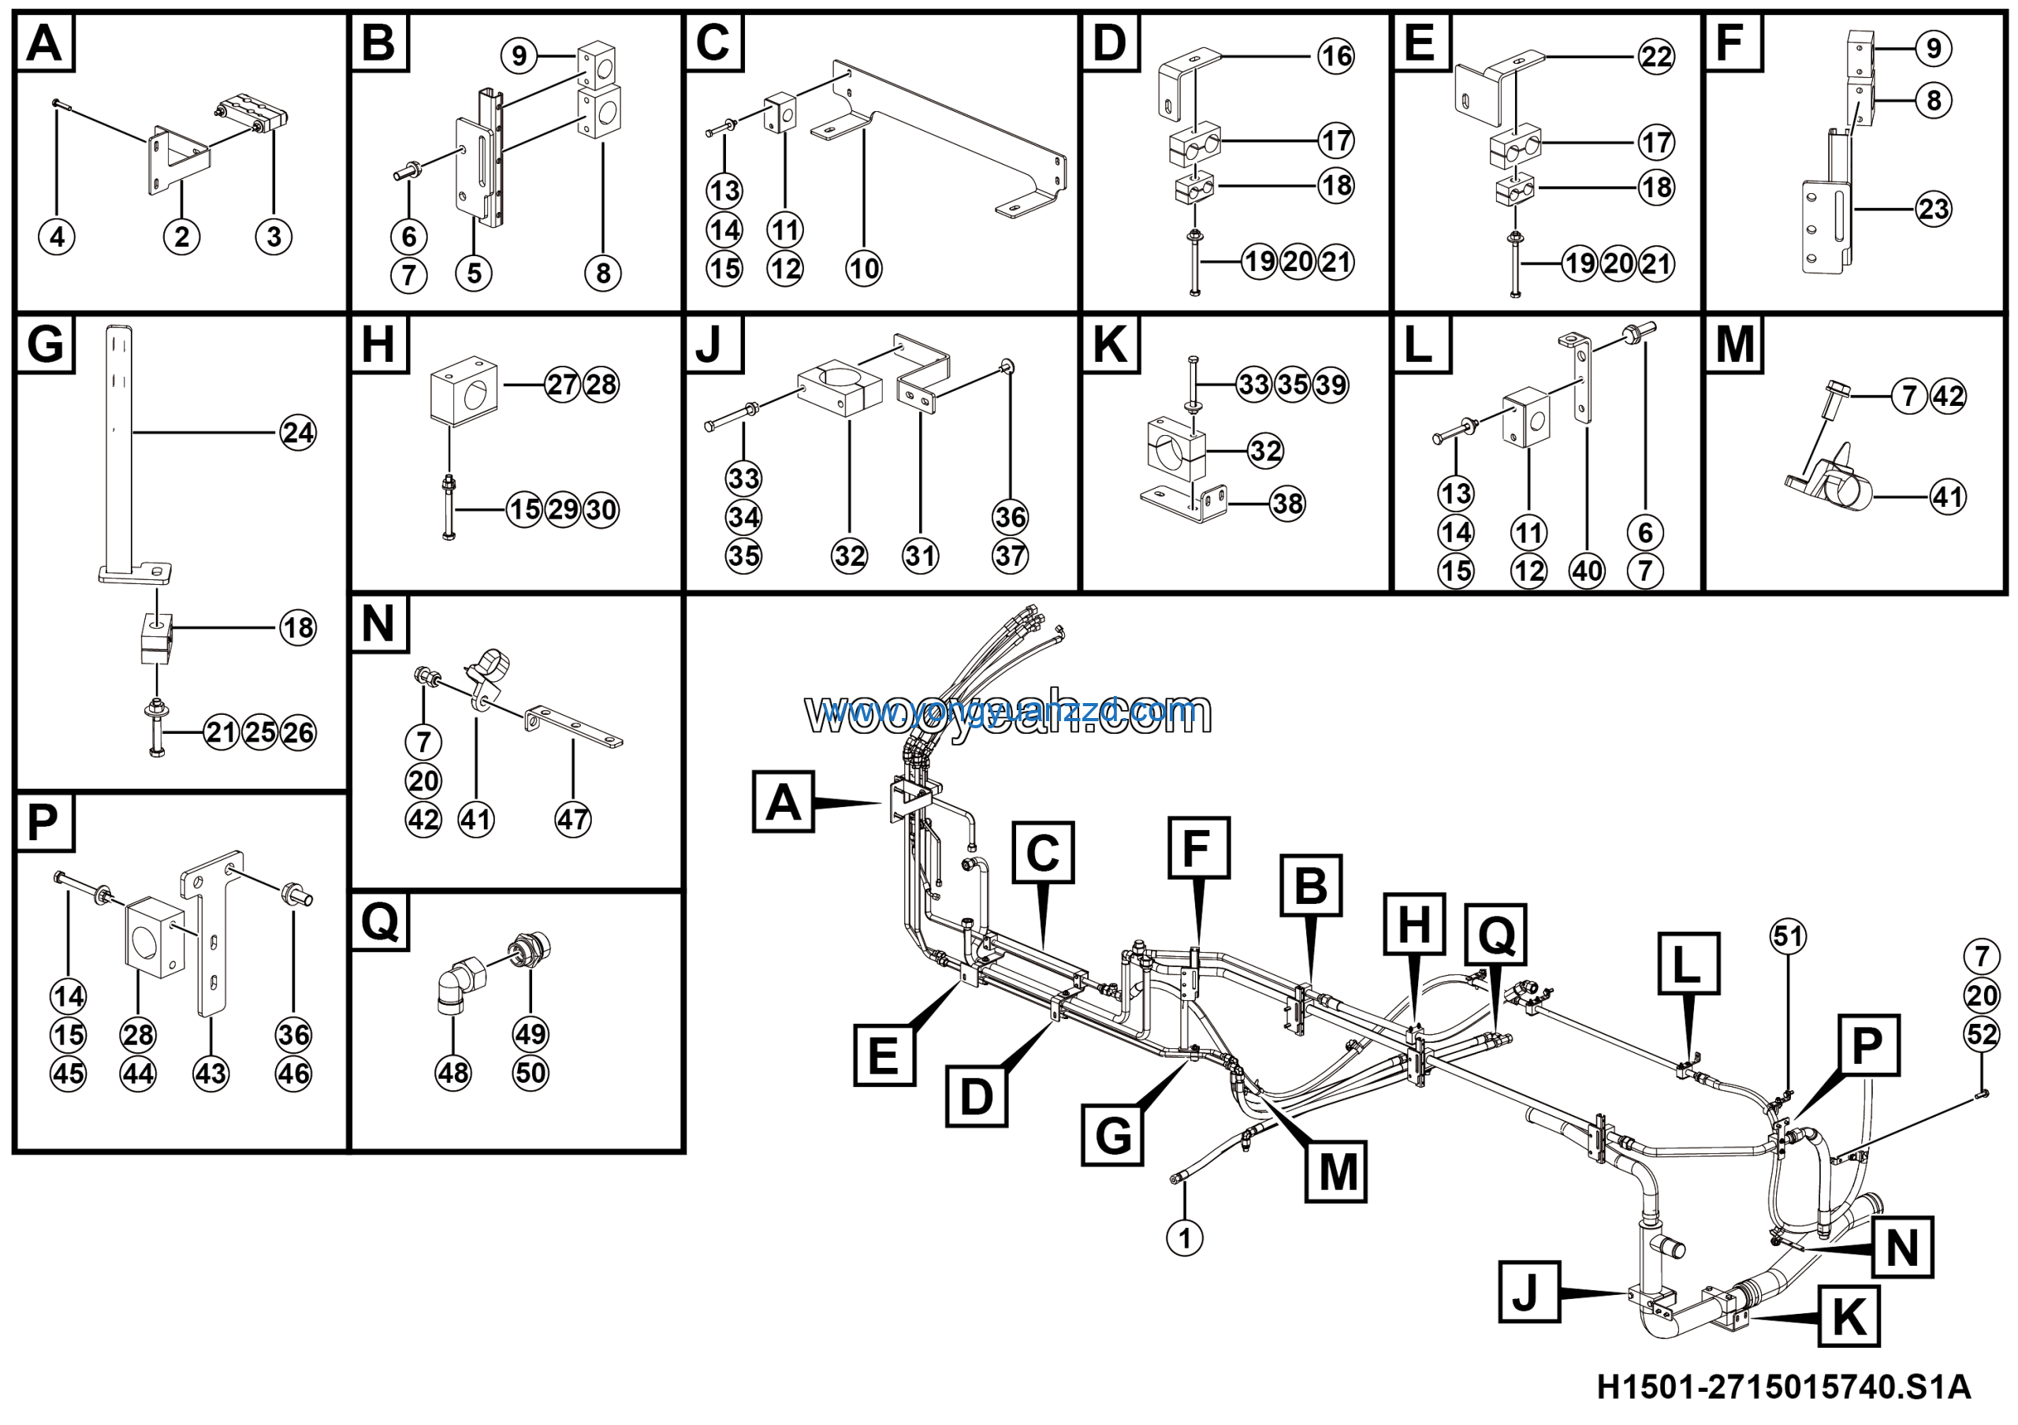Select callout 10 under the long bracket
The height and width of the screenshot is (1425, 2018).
point(863,268)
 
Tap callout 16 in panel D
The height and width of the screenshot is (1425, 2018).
point(1336,56)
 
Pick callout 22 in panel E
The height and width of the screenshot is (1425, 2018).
point(1656,57)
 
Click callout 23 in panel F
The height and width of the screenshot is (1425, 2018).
point(1933,209)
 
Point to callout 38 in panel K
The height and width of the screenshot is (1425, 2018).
point(1287,504)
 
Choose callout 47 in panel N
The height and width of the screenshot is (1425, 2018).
point(573,820)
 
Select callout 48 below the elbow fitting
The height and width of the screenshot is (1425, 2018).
point(452,1073)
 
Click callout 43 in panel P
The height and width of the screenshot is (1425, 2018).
point(211,1073)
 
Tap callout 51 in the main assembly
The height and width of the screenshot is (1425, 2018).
point(1788,936)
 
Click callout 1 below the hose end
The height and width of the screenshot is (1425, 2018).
point(1184,1238)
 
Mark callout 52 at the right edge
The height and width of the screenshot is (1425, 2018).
point(1982,1034)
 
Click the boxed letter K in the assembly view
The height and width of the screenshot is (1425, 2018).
point(1849,1316)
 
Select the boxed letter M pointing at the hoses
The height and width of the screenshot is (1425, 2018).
point(1337,1172)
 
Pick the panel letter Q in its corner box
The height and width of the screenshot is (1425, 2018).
point(380,921)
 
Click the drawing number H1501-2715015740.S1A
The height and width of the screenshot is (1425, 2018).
point(1783,1387)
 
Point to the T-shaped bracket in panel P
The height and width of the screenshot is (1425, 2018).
point(211,932)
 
